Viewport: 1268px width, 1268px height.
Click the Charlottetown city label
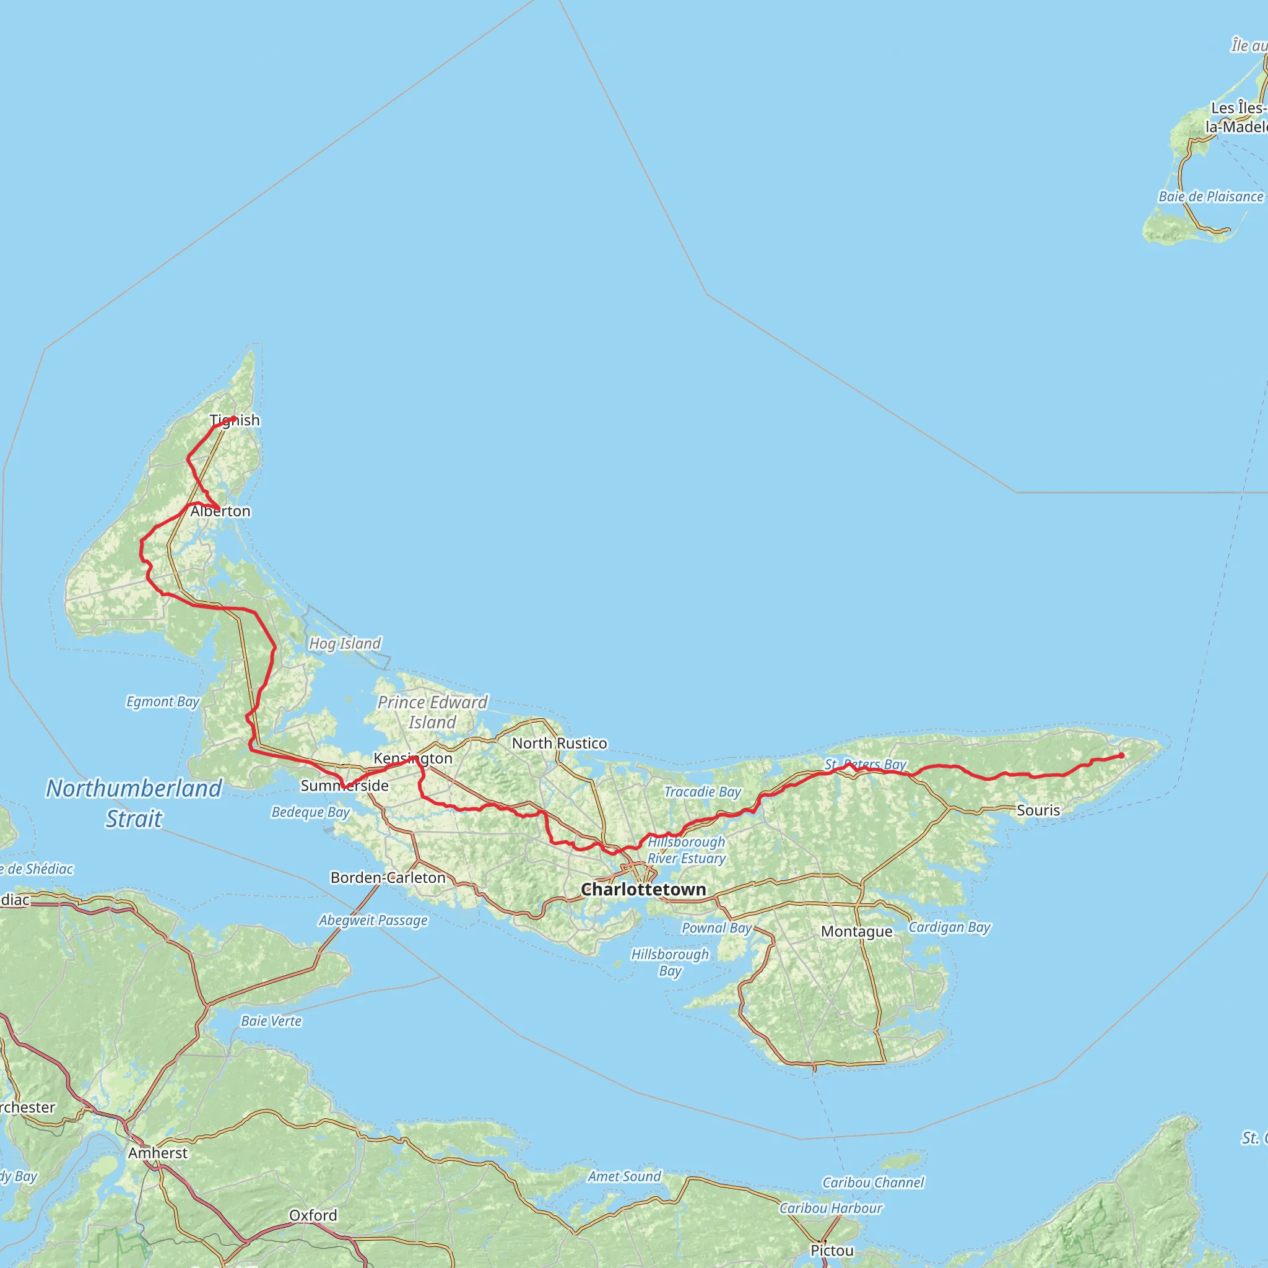(x=643, y=889)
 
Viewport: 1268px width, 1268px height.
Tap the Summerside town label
(x=345, y=786)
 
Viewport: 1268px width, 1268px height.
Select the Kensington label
(x=413, y=758)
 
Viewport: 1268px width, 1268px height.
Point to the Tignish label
(x=235, y=420)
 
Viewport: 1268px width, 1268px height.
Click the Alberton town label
(x=220, y=511)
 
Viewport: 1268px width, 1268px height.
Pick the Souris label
(x=1038, y=810)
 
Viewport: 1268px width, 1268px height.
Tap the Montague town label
(x=856, y=931)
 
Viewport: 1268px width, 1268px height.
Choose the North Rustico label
(x=559, y=743)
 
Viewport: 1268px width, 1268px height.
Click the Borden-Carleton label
(x=388, y=877)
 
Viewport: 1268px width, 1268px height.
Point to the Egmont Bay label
(x=163, y=701)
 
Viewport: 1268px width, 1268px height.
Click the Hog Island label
(x=345, y=643)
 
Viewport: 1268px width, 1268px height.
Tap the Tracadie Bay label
(x=702, y=791)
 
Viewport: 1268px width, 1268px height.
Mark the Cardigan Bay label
(x=949, y=927)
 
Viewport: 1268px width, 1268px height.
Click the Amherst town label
(x=157, y=1152)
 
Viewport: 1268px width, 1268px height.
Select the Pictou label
(x=832, y=1250)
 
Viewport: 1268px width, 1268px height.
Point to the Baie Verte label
(x=271, y=1020)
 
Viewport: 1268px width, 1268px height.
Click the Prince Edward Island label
(x=433, y=712)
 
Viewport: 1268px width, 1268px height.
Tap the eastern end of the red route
(x=1121, y=755)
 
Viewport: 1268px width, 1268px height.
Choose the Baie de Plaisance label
(x=1210, y=196)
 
